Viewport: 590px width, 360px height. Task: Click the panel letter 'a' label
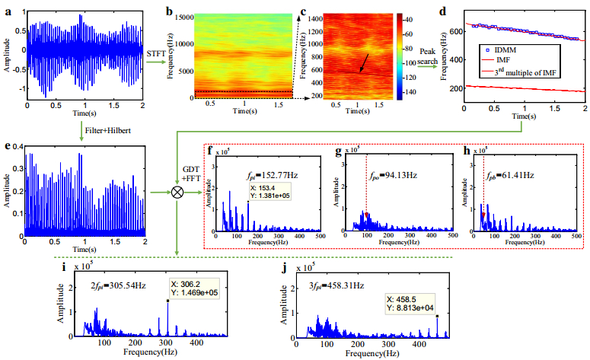pos(9,7)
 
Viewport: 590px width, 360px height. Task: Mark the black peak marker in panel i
pos(167,301)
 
